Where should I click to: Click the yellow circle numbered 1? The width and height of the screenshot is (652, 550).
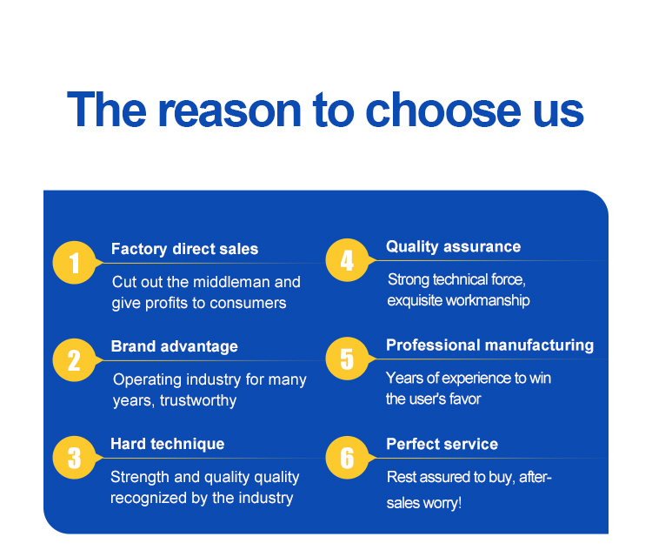[x=75, y=263]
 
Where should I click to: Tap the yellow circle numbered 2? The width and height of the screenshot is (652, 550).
[x=75, y=360]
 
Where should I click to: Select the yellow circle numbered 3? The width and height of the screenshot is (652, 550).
[x=75, y=458]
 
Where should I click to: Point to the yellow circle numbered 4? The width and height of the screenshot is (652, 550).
[x=347, y=260]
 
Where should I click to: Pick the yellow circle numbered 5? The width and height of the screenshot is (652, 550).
[x=347, y=359]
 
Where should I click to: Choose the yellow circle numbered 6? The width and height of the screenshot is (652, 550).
[x=347, y=458]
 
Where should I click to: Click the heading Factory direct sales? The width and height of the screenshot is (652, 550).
[x=184, y=249]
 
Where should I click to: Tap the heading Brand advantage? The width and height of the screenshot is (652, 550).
[x=174, y=346]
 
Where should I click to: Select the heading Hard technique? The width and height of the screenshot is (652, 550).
[x=167, y=444]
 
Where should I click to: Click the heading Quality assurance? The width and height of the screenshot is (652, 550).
[x=453, y=246]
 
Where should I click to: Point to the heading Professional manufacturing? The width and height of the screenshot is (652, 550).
[x=489, y=345]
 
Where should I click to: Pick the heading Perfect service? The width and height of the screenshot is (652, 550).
[x=442, y=444]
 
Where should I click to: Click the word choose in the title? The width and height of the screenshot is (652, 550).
[x=442, y=111]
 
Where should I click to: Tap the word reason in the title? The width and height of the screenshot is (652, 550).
[x=230, y=111]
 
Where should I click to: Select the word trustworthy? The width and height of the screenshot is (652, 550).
[x=198, y=400]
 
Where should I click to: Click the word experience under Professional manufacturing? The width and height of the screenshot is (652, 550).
[x=476, y=378]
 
